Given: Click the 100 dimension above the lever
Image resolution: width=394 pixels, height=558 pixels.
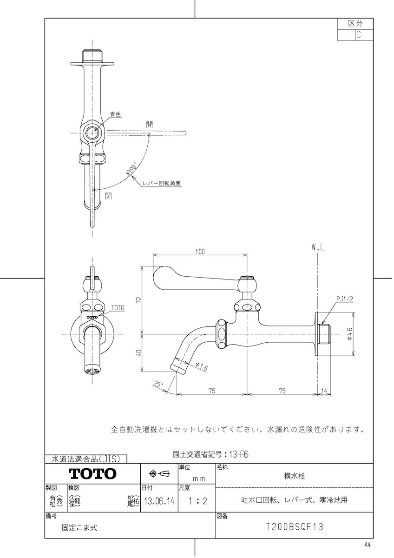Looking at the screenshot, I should coord(200,252).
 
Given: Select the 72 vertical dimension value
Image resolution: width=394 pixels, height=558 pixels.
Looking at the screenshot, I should coord(138,300).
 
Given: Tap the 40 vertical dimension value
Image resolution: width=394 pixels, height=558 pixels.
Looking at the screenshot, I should coord(138,353).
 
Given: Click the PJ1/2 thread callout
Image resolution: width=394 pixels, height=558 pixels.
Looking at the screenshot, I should coord(345,299).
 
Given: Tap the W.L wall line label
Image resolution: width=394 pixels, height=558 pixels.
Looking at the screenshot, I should coord(318,248).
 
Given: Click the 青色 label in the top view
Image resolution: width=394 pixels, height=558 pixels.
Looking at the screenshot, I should coord(115,113).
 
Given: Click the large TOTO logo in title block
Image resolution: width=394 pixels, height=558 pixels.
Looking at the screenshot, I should coord(92,474).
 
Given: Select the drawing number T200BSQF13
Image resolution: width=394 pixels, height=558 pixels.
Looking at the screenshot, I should coord(294,527).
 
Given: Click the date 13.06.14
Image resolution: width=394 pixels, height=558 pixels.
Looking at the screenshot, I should coord(159,502).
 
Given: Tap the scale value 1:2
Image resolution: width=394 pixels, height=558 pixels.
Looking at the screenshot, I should coord(195,502).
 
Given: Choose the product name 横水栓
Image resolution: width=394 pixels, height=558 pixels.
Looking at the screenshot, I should coord(294,476).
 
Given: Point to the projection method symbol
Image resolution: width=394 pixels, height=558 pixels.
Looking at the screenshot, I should coord(158,474).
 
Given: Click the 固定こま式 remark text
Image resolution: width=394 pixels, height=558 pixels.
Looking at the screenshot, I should coord(80,528).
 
